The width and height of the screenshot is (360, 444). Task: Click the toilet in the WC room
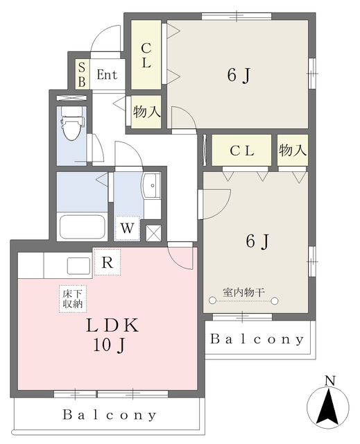tap(71, 123)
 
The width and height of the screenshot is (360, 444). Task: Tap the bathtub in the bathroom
tap(83, 227)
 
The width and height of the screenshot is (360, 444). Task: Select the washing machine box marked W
tap(127, 228)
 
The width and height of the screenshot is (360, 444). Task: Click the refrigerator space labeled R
tap(108, 262)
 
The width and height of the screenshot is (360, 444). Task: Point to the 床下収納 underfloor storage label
tap(73, 299)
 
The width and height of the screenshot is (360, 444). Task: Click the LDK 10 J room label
tap(112, 335)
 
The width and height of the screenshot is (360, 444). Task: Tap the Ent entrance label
tap(107, 75)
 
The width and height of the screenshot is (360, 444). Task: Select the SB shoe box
tap(82, 74)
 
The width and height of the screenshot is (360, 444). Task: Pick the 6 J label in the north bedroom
tap(239, 75)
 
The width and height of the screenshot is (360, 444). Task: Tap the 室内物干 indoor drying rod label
tap(243, 292)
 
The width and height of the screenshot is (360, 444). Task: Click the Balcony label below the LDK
tap(109, 415)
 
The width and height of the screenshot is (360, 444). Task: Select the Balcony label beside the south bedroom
tap(257, 339)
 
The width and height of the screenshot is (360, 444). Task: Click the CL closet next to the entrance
tap(146, 55)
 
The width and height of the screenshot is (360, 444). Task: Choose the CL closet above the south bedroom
tap(241, 150)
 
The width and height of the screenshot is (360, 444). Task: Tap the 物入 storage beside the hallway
tap(146, 112)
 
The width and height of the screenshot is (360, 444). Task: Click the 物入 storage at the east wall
tap(293, 150)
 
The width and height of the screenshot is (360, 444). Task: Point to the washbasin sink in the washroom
tap(152, 185)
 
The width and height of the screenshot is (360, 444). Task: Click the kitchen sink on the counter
tap(78, 266)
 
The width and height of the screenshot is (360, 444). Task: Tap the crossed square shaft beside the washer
tap(153, 233)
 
